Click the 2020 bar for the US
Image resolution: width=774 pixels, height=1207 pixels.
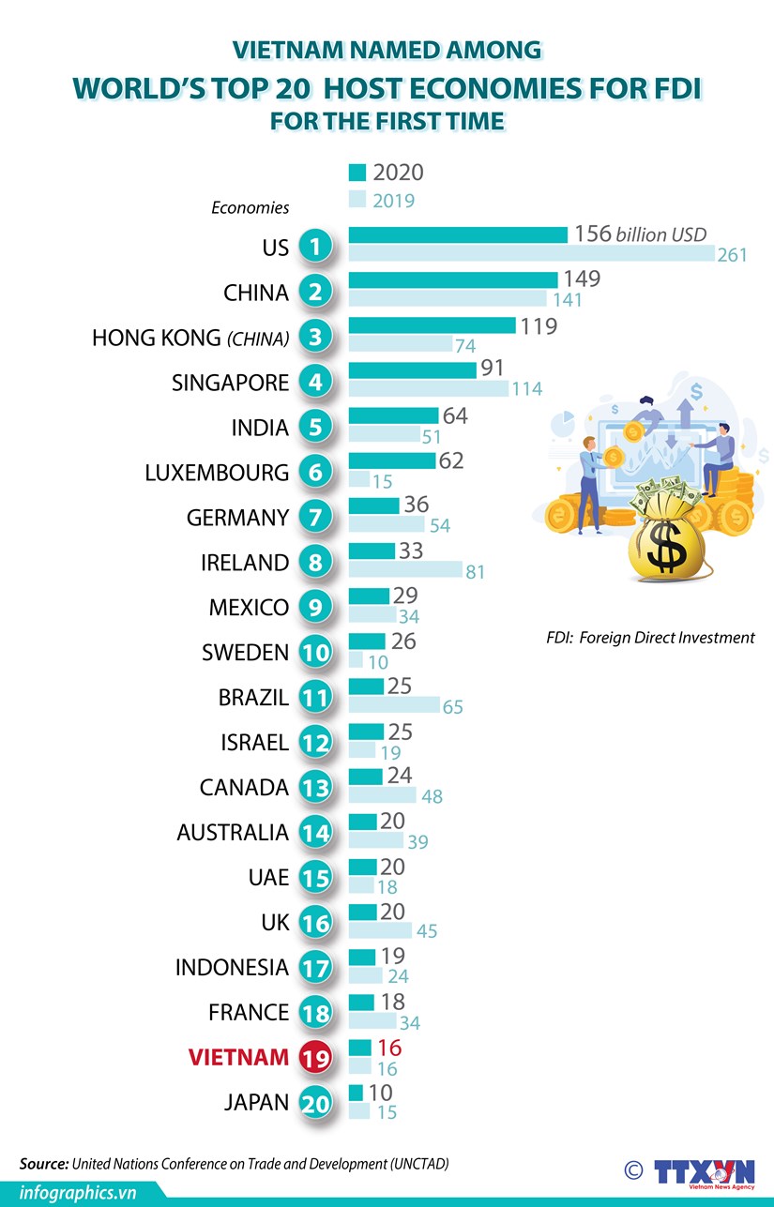[458, 234]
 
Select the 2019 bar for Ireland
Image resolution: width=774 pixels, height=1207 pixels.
[405, 570]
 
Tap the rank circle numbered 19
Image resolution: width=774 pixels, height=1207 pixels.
[316, 1058]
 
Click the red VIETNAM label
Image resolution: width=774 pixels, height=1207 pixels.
[238, 1057]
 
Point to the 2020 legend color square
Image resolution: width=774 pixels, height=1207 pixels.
[357, 173]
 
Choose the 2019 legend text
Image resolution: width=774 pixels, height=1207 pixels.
[393, 201]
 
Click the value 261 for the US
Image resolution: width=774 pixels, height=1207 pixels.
[732, 254]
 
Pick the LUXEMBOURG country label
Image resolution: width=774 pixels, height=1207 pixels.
[217, 473]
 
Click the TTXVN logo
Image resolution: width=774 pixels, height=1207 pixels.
[704, 1171]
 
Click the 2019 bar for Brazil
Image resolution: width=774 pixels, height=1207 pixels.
[394, 705]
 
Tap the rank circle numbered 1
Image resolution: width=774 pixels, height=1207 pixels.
[316, 247]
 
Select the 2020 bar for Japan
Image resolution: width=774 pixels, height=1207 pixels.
[356, 1093]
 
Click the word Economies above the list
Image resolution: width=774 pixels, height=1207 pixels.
[250, 208]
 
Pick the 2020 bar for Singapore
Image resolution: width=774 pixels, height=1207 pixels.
[412, 370]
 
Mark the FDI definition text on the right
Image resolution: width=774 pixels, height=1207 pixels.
[650, 638]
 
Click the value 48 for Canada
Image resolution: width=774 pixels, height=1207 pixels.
[432, 796]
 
